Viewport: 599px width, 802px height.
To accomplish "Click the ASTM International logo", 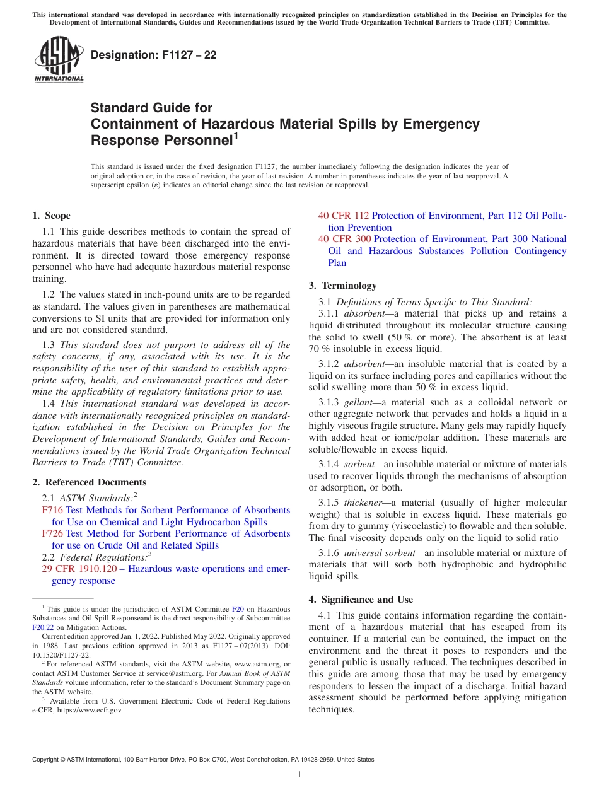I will click(59, 60).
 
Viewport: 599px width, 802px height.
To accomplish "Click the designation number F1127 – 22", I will click(154, 55).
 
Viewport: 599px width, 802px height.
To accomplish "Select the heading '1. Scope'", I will click(51, 216).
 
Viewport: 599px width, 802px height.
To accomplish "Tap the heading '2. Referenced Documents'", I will click(89, 482).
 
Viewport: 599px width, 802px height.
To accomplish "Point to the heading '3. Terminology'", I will click(342, 286).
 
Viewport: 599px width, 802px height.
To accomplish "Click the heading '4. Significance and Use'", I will click(361, 600).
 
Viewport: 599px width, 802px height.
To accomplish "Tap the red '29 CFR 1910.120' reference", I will click(79, 569).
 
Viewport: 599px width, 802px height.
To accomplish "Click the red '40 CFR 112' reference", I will click(344, 216).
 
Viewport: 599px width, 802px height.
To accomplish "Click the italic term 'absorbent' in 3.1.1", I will click(363, 313).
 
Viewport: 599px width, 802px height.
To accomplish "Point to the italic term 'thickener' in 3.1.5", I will click(363, 503).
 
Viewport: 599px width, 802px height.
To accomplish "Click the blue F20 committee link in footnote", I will click(238, 609).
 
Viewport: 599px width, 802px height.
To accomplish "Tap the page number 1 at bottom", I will click(299, 775).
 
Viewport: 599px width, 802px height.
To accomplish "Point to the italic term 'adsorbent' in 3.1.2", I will click(363, 364).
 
